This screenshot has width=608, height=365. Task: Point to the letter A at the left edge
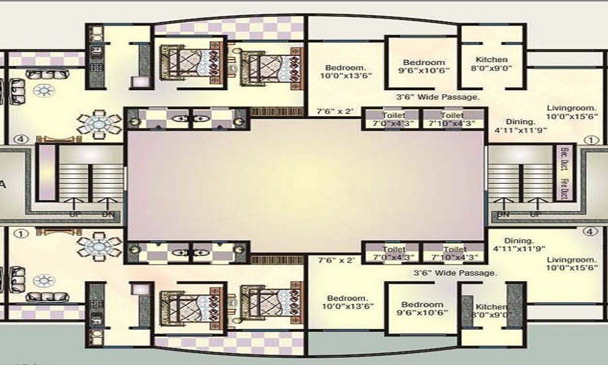[4, 185]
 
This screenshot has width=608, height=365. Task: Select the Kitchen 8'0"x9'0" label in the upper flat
[491, 64]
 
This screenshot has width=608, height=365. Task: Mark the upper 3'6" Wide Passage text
[438, 97]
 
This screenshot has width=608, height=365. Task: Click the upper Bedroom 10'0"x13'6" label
[345, 71]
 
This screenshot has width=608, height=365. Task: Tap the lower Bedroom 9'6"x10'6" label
[424, 308]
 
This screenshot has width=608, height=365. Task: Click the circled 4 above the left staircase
[22, 139]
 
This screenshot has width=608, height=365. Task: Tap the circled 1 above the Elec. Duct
[589, 140]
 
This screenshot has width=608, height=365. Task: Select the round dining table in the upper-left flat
[98, 124]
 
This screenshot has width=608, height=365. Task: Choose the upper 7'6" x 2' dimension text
[336, 112]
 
